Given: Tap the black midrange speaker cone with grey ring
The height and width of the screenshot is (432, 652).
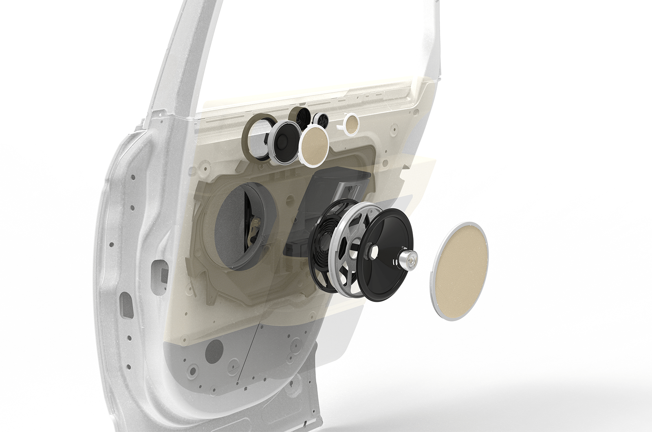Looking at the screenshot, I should (283, 143).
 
